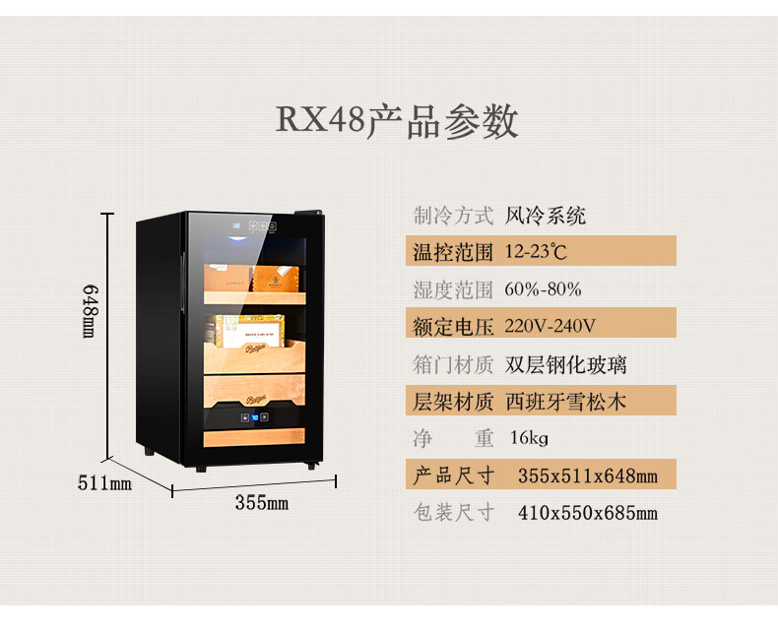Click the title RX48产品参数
[x=396, y=121]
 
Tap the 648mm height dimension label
[x=90, y=312]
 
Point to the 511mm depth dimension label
[x=104, y=483]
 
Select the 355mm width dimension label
[x=261, y=503]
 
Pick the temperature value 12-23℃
[x=536, y=252]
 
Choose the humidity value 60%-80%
[x=543, y=289]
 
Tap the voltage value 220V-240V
[x=551, y=326]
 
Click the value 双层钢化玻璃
[x=565, y=365]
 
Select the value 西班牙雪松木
[x=565, y=402]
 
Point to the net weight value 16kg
[x=528, y=438]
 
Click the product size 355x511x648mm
[x=587, y=476]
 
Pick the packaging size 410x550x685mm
[x=587, y=513]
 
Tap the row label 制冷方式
[x=452, y=216]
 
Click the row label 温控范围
[x=452, y=253]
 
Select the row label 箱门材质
[x=452, y=365]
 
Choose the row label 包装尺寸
[x=452, y=513]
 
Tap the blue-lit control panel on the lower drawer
[x=254, y=415]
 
